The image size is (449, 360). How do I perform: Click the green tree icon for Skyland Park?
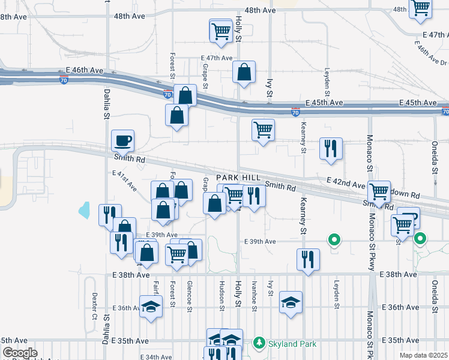click(259, 342)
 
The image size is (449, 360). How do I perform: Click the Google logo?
click(19, 353)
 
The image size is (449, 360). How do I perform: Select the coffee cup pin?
click(123, 142)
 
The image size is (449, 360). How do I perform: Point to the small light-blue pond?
click(83, 210)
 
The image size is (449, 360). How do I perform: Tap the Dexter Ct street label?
click(94, 306)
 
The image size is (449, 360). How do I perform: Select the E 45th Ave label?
click(324, 103)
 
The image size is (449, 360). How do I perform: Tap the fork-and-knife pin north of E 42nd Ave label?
click(331, 150)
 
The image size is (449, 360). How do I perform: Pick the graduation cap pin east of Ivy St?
click(291, 302)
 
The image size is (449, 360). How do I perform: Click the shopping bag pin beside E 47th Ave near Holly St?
click(244, 73)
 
